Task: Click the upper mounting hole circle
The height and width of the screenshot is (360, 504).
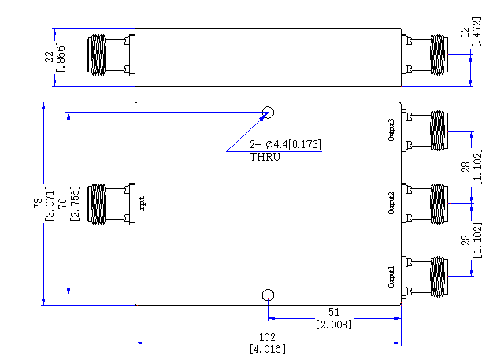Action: pos(268,107)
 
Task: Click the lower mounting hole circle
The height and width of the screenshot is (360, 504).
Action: pos(268,290)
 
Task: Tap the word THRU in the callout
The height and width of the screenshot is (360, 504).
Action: pos(265,158)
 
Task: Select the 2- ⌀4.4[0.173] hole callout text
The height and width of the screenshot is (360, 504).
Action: pos(285,144)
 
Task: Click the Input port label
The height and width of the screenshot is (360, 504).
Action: pos(142,204)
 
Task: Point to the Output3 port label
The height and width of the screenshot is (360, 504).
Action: pos(391,130)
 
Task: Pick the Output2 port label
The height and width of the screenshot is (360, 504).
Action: pos(391,203)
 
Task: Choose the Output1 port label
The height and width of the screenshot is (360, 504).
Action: pos(391,276)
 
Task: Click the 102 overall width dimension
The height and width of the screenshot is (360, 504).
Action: pos(268,337)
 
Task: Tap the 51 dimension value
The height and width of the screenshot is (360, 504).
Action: pos(334,312)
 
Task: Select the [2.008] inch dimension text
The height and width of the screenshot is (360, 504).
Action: pos(334,325)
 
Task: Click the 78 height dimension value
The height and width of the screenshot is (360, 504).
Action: pos(38,202)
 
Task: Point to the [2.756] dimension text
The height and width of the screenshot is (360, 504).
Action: pos(74,203)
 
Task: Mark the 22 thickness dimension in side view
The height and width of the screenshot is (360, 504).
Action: pos(49,57)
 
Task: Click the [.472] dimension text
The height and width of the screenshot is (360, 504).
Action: pos(476,32)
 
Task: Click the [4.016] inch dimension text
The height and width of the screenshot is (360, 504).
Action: pos(268,349)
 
